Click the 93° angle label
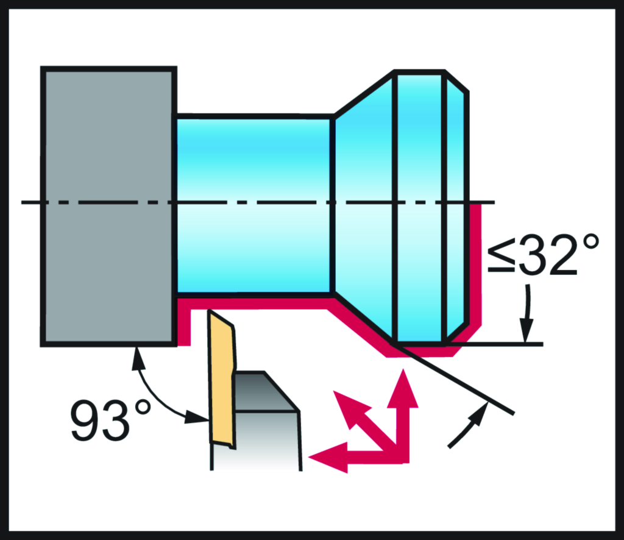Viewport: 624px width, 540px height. [x=111, y=420]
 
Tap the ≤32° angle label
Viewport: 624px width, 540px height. [x=543, y=254]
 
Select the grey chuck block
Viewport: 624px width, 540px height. [x=108, y=207]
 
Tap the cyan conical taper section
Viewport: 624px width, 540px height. [x=363, y=205]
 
